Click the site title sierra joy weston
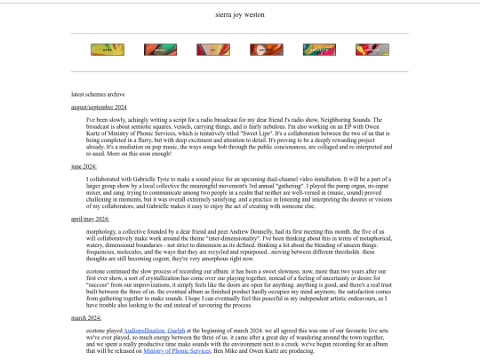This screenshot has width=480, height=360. (x=239, y=15)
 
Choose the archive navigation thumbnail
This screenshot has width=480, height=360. (x=371, y=51)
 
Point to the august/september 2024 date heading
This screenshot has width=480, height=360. (x=100, y=107)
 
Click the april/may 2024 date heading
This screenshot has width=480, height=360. (x=90, y=216)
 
